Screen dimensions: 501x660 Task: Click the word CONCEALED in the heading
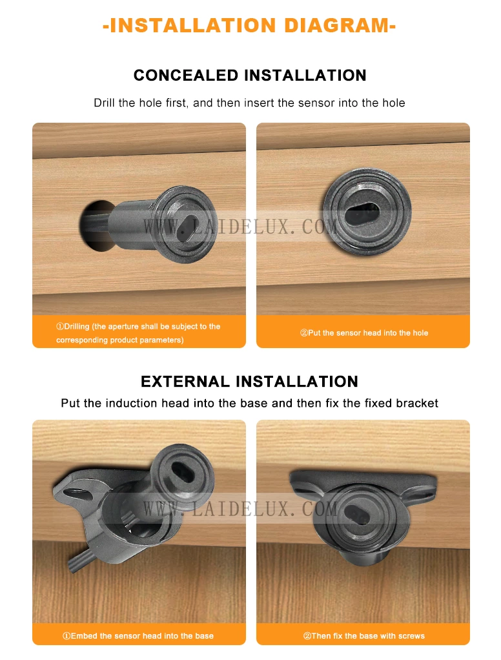click(x=186, y=76)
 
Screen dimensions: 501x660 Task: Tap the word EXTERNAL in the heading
click(x=185, y=382)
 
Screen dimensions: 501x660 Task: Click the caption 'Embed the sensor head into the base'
click(x=138, y=636)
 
